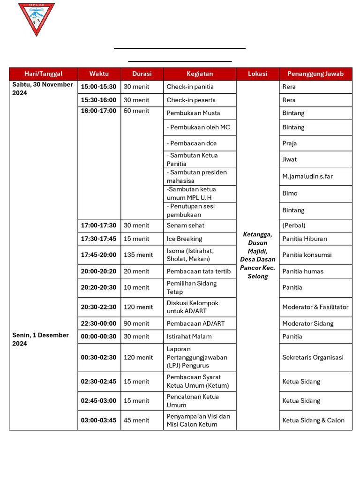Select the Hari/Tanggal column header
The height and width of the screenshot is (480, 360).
pyautogui.click(x=43, y=74)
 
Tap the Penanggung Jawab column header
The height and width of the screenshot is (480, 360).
pyautogui.click(x=315, y=74)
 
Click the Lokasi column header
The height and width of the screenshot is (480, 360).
pyautogui.click(x=257, y=74)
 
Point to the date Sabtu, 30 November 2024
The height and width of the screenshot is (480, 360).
pyautogui.click(x=43, y=89)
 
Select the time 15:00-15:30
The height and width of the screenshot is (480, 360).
pyautogui.click(x=98, y=87)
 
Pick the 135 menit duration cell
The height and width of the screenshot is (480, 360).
pyautogui.click(x=138, y=255)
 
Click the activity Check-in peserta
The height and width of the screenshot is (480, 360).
pyautogui.click(x=191, y=100)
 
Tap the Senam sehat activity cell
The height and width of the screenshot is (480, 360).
pyautogui.click(x=186, y=225)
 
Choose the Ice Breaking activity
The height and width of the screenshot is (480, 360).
pyautogui.click(x=185, y=239)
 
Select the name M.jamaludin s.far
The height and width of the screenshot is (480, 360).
pyautogui.click(x=307, y=176)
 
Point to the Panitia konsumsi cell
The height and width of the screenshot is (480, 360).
pyautogui.click(x=307, y=255)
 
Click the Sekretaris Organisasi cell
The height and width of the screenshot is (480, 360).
pyautogui.click(x=313, y=357)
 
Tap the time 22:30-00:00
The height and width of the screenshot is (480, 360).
pyautogui.click(x=98, y=323)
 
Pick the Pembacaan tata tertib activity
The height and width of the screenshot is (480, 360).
pyautogui.click(x=199, y=271)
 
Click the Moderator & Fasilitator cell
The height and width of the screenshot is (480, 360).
pyautogui.click(x=315, y=307)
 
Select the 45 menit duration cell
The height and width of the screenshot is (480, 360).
pyautogui.click(x=136, y=420)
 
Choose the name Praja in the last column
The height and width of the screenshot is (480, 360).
pyautogui.click(x=290, y=143)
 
